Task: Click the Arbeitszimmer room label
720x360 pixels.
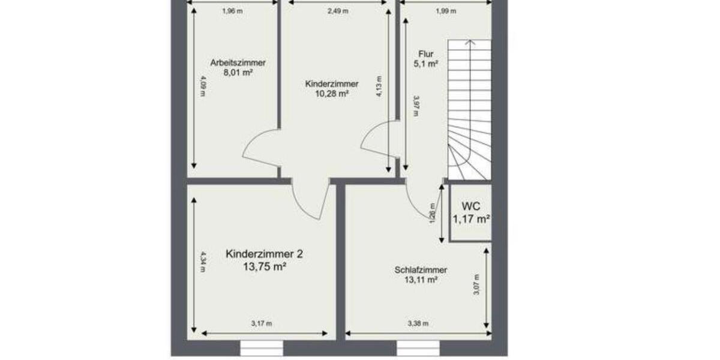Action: (x=238, y=62)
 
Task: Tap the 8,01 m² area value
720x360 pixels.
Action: (x=238, y=72)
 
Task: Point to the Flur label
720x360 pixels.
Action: (x=426, y=53)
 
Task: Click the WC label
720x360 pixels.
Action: (x=470, y=207)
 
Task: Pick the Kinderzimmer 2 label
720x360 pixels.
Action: (x=264, y=254)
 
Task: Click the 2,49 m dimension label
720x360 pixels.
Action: (x=337, y=11)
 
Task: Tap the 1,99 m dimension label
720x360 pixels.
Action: (x=446, y=11)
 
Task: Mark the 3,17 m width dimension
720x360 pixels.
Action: (x=262, y=324)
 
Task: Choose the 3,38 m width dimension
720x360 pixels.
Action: (x=418, y=324)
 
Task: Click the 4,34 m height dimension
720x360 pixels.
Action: (x=203, y=265)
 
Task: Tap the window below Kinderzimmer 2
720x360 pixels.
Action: (x=262, y=348)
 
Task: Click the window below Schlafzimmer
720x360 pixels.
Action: (x=418, y=348)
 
